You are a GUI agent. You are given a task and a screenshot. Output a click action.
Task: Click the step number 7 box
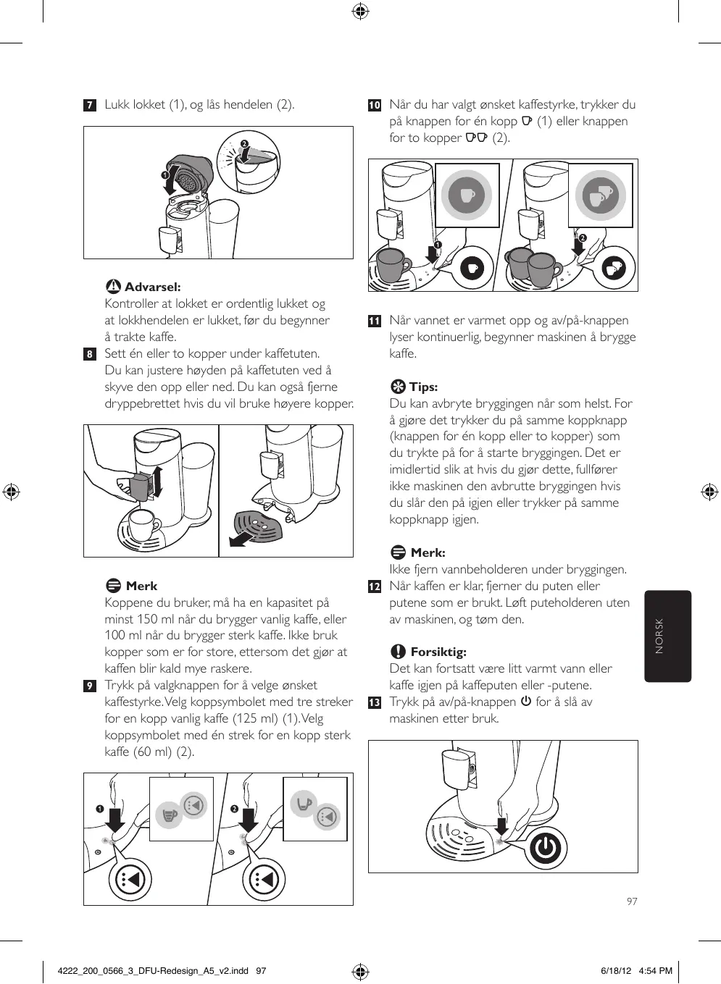[89, 105]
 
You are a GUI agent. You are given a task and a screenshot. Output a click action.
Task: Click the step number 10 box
[374, 105]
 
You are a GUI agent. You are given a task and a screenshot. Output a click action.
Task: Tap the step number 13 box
[374, 702]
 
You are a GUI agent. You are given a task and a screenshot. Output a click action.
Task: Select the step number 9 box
[89, 686]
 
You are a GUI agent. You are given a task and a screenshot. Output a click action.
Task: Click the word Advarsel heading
[152, 287]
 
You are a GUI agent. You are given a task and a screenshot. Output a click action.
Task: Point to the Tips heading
[423, 387]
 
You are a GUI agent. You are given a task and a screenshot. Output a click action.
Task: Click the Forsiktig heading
[438, 652]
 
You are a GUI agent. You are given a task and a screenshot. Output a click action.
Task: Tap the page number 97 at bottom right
[632, 901]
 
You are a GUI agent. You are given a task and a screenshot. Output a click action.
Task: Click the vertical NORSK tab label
[659, 636]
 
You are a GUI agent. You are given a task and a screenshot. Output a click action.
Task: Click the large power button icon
[546, 848]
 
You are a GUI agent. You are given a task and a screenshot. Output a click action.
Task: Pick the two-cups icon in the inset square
[600, 195]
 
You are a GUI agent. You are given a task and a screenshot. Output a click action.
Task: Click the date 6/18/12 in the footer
[617, 971]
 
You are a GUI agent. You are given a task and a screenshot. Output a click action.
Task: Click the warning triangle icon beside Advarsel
[113, 287]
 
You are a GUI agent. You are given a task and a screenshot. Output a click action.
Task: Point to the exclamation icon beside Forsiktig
[398, 652]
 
